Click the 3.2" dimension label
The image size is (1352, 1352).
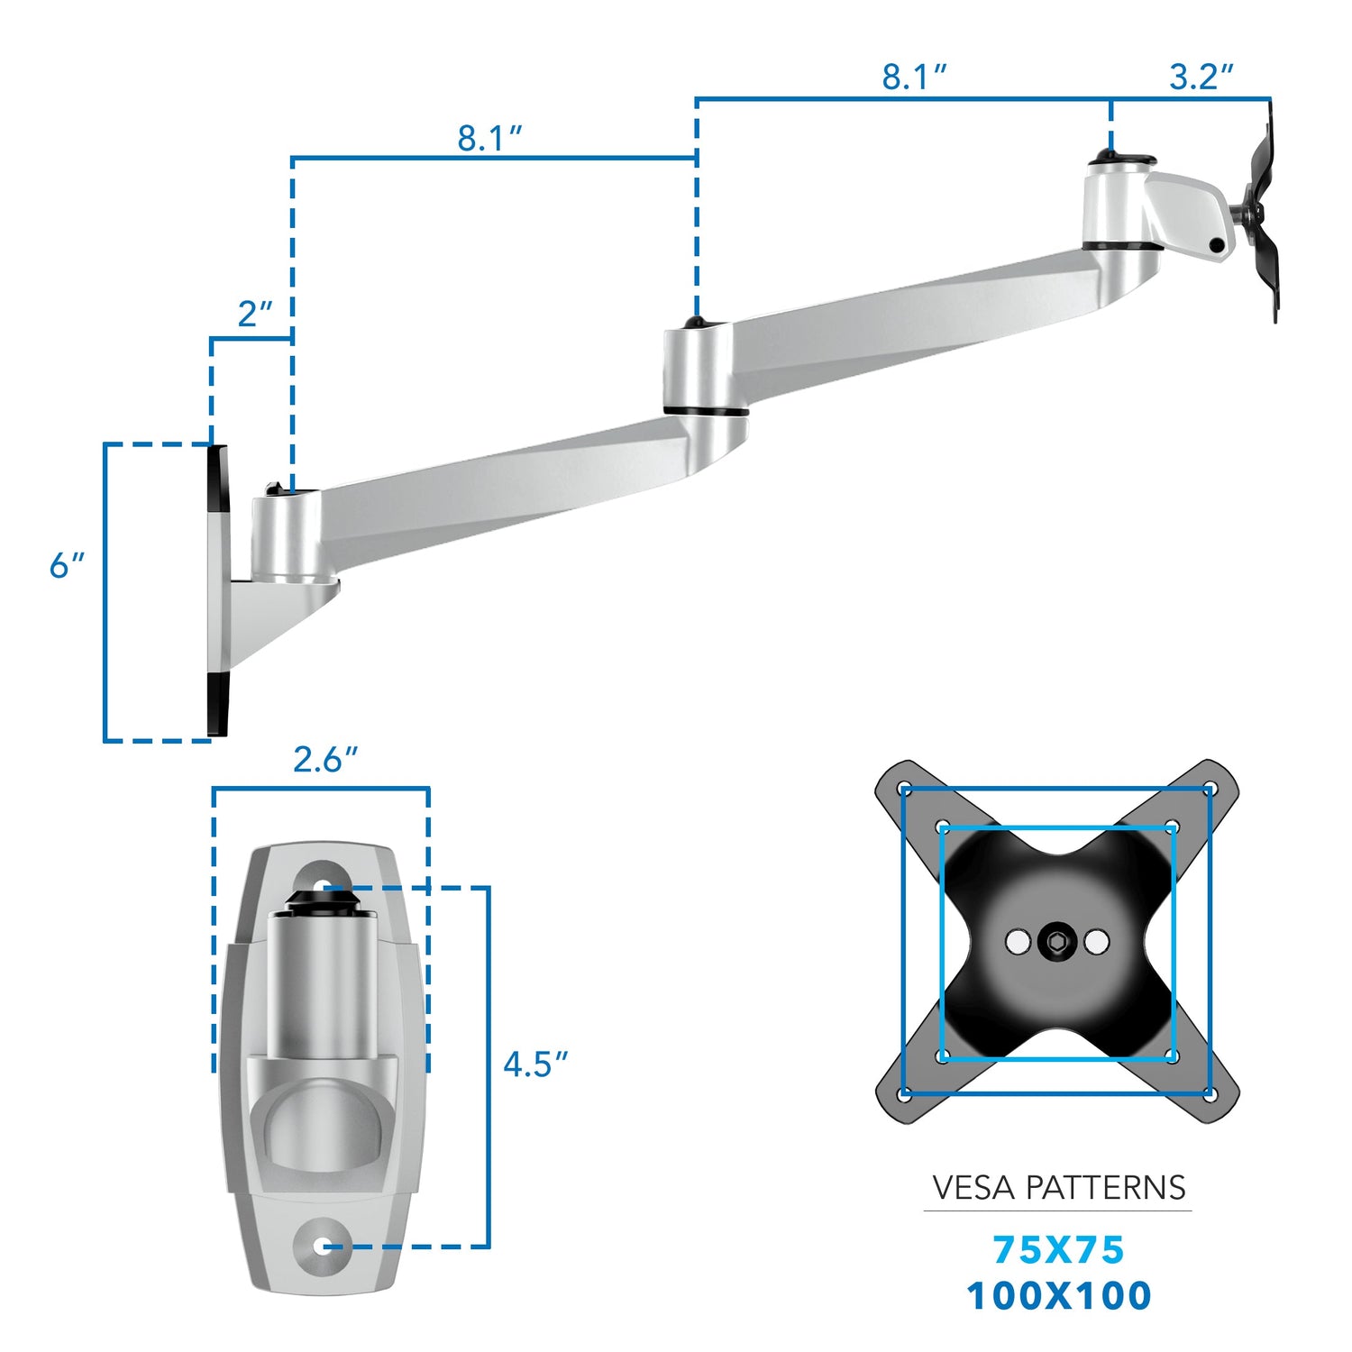[1201, 78]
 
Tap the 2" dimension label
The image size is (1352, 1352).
[254, 315]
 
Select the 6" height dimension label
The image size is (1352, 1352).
[67, 566]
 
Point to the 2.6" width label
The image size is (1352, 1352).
[324, 760]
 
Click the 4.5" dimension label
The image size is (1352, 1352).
[535, 1064]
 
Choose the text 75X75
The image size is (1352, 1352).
[1058, 1250]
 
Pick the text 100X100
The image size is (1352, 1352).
[1058, 1295]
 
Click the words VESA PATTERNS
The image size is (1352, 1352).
[1058, 1188]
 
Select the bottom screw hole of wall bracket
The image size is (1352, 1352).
[323, 1247]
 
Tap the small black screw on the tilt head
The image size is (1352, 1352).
[1217, 245]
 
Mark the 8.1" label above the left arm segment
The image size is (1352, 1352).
[489, 139]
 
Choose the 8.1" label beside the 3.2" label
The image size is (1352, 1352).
[914, 78]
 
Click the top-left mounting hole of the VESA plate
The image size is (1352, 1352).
[907, 790]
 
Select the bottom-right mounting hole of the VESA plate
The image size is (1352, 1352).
[1210, 1094]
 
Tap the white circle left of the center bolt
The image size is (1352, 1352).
[1018, 943]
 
